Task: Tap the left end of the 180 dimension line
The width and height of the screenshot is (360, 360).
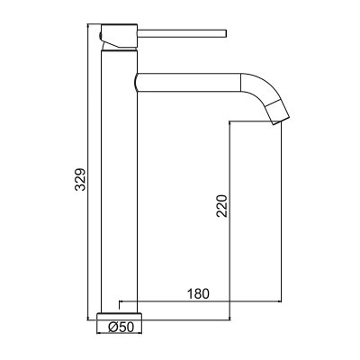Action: click(x=120, y=302)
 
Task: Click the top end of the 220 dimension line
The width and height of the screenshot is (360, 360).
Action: click(x=231, y=123)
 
